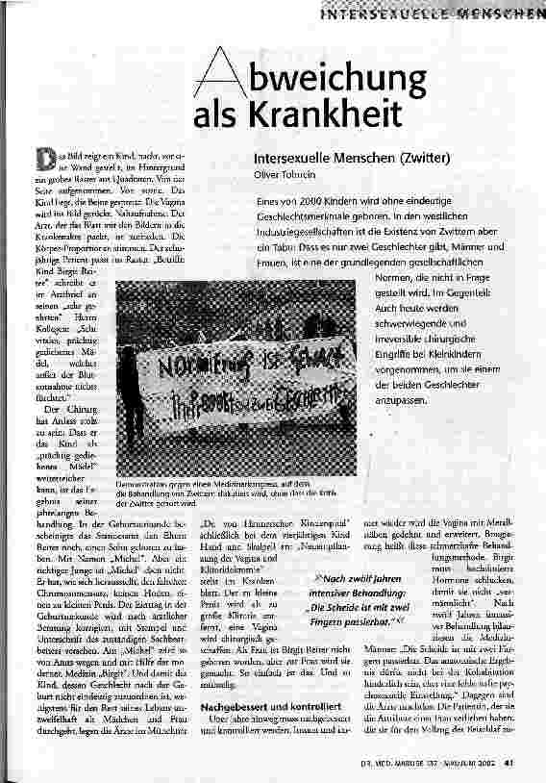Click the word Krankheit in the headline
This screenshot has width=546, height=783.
coord(327,114)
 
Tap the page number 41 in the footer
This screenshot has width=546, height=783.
coord(529,766)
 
